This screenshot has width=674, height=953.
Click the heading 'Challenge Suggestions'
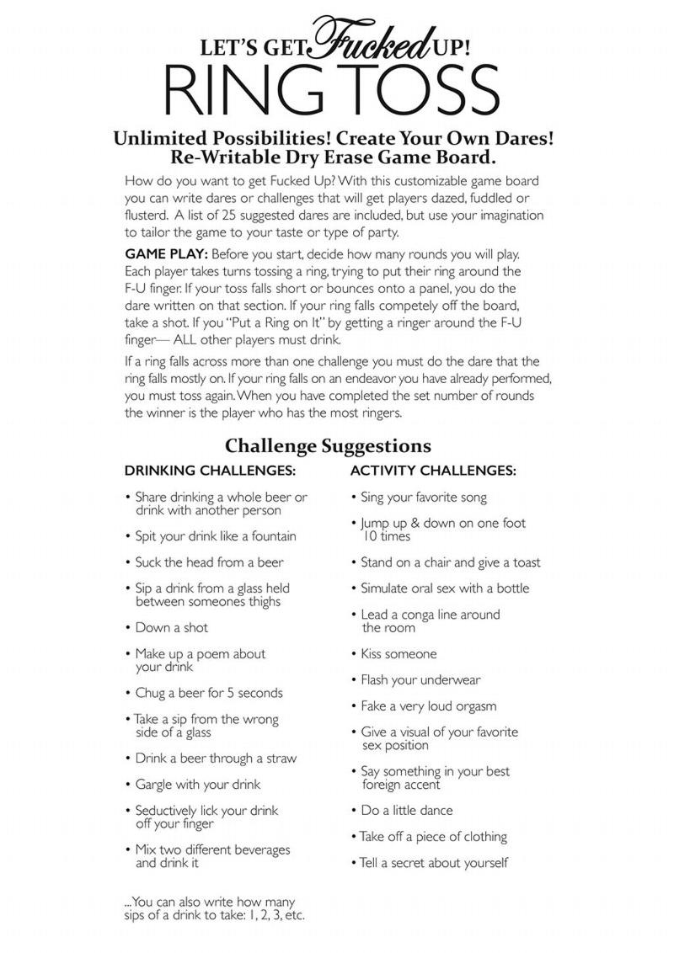(x=328, y=445)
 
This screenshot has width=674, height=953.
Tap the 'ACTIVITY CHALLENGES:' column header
(x=433, y=471)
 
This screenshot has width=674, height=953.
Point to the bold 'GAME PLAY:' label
(x=165, y=254)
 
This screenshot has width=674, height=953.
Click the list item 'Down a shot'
(x=172, y=627)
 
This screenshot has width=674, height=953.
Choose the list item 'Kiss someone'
(x=399, y=653)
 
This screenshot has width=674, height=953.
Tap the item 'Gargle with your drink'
(x=198, y=784)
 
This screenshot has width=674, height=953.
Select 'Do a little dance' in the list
(x=407, y=810)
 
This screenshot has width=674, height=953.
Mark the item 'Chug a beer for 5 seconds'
(x=209, y=693)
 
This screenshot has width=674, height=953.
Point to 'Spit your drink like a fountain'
(x=216, y=536)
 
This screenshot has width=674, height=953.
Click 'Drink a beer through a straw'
(x=217, y=758)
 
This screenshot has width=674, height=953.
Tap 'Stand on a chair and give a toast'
(x=451, y=562)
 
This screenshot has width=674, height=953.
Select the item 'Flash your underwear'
(x=420, y=679)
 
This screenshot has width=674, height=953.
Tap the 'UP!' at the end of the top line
(x=447, y=48)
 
